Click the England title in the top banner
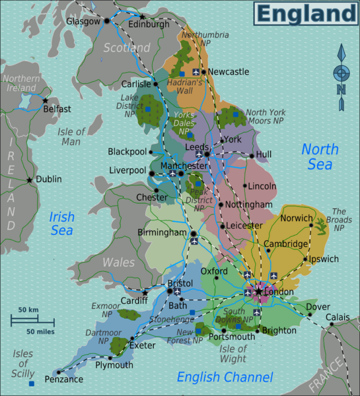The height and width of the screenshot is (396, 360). pos(305,13)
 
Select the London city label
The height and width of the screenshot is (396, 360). pos(279,291)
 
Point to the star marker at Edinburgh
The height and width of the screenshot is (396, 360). pos(142,16)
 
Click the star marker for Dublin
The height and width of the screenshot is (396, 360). pos(29,180)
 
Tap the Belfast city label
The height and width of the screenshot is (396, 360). pos(57,110)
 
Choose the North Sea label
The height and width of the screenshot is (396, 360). pos(320,157)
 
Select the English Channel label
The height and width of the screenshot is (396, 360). pos(225,378)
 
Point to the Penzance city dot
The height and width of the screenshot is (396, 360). pos(58,372)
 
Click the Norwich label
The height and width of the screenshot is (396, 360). pos(296,218)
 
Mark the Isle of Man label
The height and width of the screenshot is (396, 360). pos(71,137)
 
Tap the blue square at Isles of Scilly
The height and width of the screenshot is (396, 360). pos(31,383)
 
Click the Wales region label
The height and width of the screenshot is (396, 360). pos(118,262)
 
